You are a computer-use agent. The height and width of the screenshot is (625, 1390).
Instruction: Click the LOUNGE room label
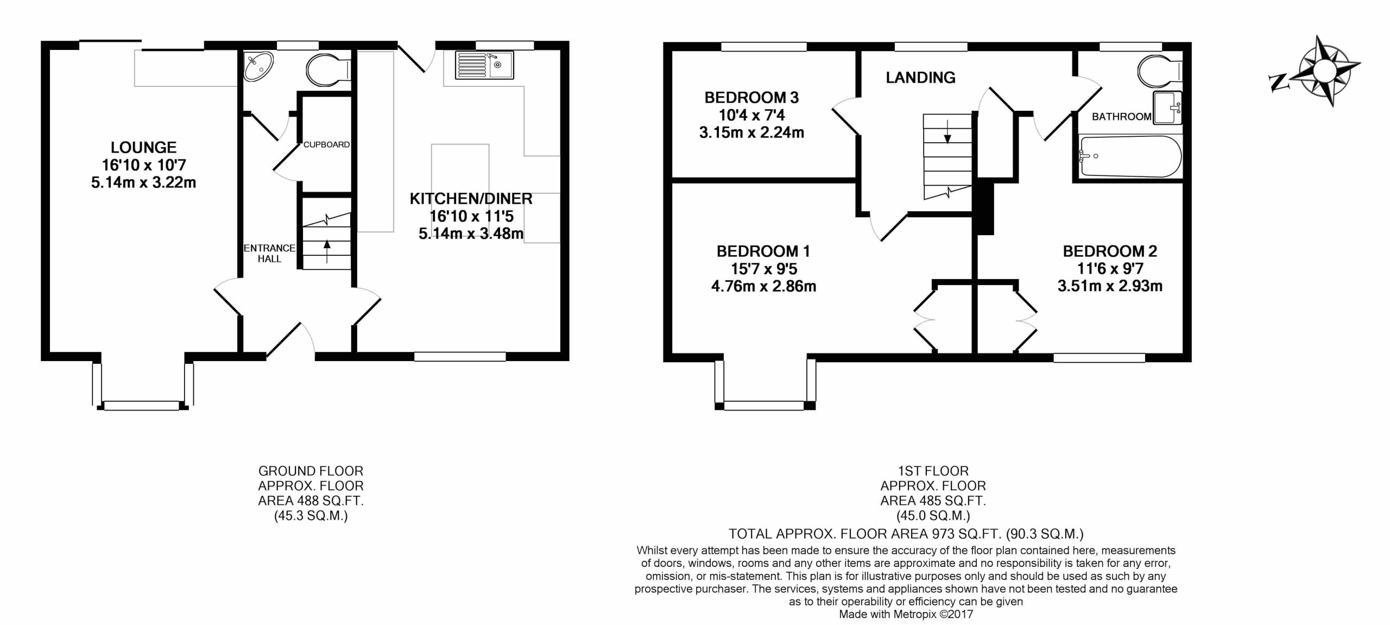143,147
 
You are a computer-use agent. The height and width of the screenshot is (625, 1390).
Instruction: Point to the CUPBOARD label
326,144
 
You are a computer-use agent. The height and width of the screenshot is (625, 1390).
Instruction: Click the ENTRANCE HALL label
269,253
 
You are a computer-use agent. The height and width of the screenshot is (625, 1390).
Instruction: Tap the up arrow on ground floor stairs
326,251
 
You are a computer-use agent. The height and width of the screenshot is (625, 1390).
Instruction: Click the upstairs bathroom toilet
1159,73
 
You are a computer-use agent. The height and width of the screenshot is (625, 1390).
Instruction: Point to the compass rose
1324,71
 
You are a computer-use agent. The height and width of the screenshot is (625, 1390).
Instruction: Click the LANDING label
920,78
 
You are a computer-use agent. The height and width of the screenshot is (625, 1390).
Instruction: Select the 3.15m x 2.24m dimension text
751,132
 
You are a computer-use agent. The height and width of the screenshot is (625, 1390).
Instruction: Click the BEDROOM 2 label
1109,251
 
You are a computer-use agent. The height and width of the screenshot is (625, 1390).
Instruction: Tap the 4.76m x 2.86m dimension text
763,286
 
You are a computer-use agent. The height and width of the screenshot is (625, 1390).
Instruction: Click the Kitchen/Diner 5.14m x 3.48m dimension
471,234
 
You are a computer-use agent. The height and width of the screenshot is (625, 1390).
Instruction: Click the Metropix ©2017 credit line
906,614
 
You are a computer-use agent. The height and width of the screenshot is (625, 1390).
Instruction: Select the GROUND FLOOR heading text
311,471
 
